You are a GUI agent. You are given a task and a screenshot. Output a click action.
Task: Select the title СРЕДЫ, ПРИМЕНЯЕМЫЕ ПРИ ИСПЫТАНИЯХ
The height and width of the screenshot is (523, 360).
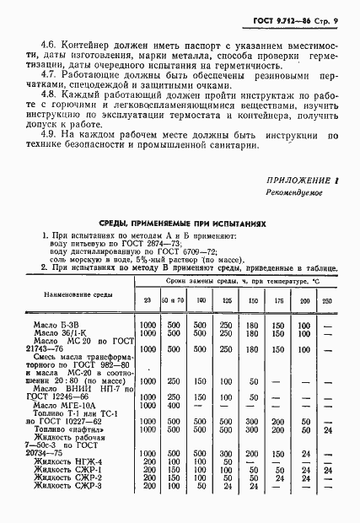[180, 224]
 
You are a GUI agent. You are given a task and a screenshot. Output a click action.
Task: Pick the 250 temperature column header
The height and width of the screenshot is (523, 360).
[326, 300]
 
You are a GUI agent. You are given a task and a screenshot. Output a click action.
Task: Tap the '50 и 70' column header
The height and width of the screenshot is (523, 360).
[173, 300]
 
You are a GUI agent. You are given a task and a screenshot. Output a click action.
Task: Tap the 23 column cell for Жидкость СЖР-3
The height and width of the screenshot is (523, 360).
[147, 488]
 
